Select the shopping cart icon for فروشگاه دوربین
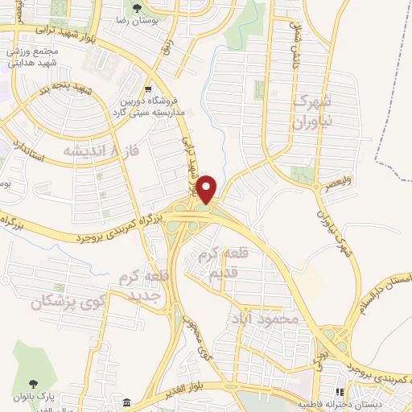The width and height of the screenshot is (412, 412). click(147, 89)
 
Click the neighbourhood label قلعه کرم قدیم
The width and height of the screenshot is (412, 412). click(221, 266)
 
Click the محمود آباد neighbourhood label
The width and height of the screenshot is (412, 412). click(270, 319)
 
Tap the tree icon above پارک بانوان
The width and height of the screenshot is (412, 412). click(33, 385)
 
